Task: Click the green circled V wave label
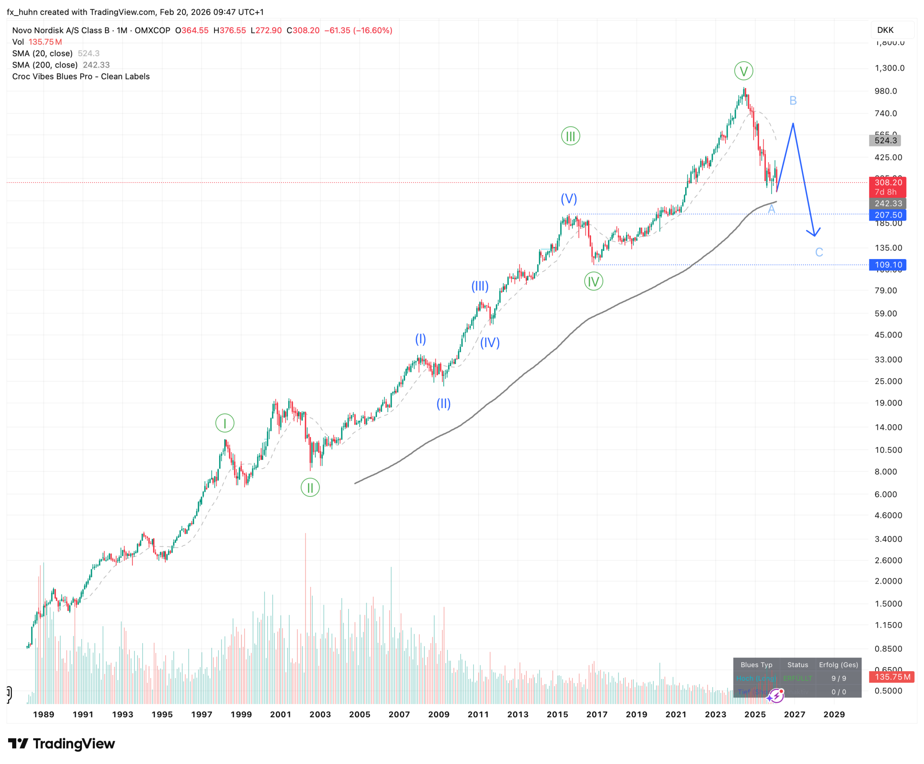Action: pos(744,71)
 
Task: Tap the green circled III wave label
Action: pos(570,136)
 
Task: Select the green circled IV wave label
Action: pos(594,281)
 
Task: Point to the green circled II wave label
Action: pos(310,488)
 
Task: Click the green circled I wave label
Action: pos(225,423)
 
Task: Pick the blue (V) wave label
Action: pos(568,199)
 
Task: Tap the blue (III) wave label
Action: pos(480,286)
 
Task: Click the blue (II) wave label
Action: pos(443,404)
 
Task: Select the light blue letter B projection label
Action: pos(793,101)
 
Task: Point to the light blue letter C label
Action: pos(819,252)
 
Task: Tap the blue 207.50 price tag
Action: pos(887,215)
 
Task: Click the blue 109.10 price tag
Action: pos(887,265)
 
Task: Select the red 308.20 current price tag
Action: pos(887,183)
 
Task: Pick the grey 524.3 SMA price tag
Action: pos(885,140)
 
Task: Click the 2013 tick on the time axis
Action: pos(518,714)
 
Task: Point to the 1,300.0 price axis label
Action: pos(889,68)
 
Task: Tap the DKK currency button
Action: pos(885,30)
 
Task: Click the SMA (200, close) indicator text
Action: pos(45,65)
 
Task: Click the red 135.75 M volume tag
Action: pos(892,677)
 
